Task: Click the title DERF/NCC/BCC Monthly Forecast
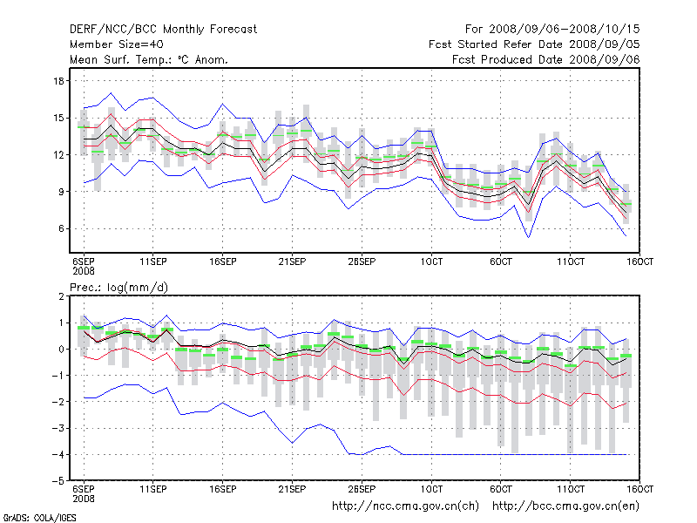(x=163, y=30)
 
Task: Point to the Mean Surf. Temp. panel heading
(x=149, y=59)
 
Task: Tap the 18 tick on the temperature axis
(x=60, y=81)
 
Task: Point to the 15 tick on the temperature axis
(x=60, y=118)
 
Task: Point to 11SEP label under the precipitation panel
(x=152, y=489)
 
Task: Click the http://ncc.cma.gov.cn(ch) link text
(x=405, y=506)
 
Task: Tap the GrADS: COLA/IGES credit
(x=28, y=517)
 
